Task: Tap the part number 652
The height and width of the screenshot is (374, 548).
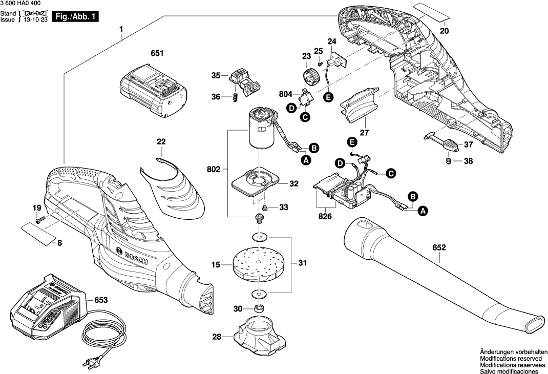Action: [x=439, y=247]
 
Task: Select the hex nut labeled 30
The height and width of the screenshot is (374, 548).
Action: [x=259, y=308]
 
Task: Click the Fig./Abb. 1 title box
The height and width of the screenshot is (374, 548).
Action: [x=76, y=17]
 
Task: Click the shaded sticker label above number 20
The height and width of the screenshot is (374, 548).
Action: [x=429, y=12]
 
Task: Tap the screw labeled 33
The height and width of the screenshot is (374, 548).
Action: [x=265, y=207]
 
